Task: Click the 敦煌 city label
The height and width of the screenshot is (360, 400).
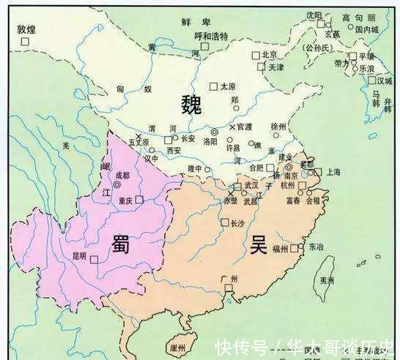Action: (x=26, y=29)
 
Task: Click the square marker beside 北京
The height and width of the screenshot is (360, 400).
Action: (x=256, y=55)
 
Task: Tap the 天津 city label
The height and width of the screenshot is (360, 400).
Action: (x=275, y=67)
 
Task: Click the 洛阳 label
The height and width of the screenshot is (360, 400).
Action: (x=210, y=141)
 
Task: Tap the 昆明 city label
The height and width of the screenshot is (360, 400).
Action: (x=79, y=256)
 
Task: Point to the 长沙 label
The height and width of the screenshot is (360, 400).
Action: (x=237, y=223)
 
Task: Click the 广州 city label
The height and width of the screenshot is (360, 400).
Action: (x=229, y=280)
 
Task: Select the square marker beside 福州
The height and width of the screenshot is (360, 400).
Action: (x=295, y=249)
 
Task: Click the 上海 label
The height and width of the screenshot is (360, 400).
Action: (x=335, y=172)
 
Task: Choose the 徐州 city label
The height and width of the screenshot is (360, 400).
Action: (x=280, y=126)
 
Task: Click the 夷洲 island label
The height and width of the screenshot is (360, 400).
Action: (x=327, y=280)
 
